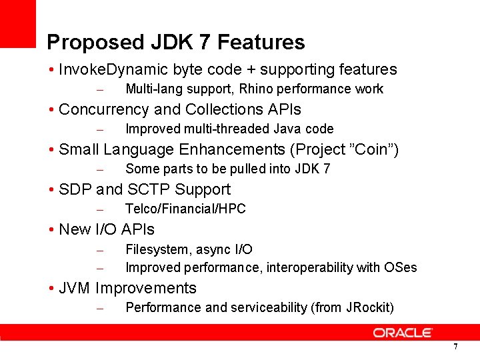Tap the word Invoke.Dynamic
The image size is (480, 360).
pyautogui.click(x=113, y=69)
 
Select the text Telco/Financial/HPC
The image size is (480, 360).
pyautogui.click(x=185, y=209)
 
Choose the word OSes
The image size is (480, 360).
pyautogui.click(x=401, y=267)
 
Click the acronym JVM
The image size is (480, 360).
pyautogui.click(x=75, y=289)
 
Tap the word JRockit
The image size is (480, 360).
pyautogui.click(x=368, y=307)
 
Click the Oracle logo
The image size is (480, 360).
pyautogui.click(x=403, y=332)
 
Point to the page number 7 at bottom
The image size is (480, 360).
pyautogui.click(x=455, y=347)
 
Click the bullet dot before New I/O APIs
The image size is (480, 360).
pyautogui.click(x=51, y=230)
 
